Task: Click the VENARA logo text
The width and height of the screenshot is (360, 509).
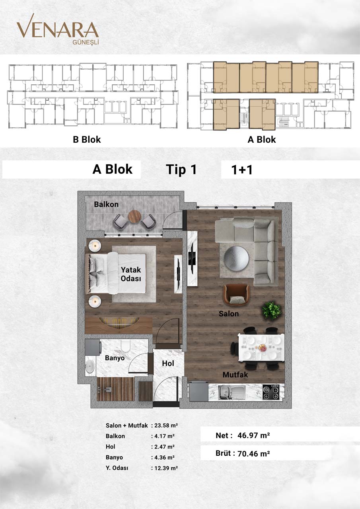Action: pyautogui.click(x=57, y=30)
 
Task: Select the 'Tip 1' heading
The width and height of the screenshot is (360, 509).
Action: pyautogui.click(x=181, y=170)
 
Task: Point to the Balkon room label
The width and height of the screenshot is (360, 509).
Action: pyautogui.click(x=106, y=204)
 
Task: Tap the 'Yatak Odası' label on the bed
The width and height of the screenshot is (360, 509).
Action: pyautogui.click(x=131, y=274)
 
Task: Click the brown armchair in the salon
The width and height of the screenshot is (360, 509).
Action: pyautogui.click(x=237, y=295)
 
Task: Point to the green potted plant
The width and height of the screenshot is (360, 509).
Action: pyautogui.click(x=272, y=310)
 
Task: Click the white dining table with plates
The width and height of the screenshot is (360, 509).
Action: pyautogui.click(x=261, y=348)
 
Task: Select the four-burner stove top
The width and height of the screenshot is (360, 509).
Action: pyautogui.click(x=272, y=392)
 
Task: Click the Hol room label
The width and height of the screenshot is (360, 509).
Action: pyautogui.click(x=168, y=363)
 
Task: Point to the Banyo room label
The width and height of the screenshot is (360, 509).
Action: pyautogui.click(x=115, y=358)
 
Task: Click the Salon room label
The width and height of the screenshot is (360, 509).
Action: pyautogui.click(x=229, y=314)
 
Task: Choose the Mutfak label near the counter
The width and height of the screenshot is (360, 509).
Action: pyautogui.click(x=235, y=375)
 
